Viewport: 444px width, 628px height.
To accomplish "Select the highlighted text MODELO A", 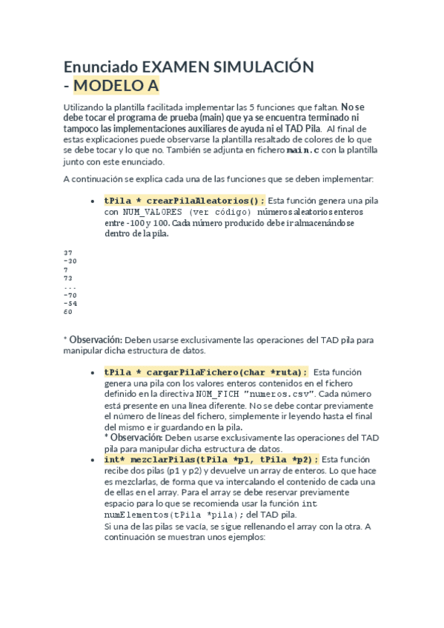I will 116,86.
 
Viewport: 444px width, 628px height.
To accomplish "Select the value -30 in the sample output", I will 70,261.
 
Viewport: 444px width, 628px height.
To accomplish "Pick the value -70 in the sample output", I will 70,295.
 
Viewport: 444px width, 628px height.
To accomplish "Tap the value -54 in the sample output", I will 70,303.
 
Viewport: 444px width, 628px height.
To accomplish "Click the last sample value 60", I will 68,312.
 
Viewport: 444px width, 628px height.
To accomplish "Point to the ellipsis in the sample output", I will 70,287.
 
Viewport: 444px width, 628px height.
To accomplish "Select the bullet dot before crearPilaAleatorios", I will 91,201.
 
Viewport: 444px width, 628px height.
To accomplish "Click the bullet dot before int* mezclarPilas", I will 91,460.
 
